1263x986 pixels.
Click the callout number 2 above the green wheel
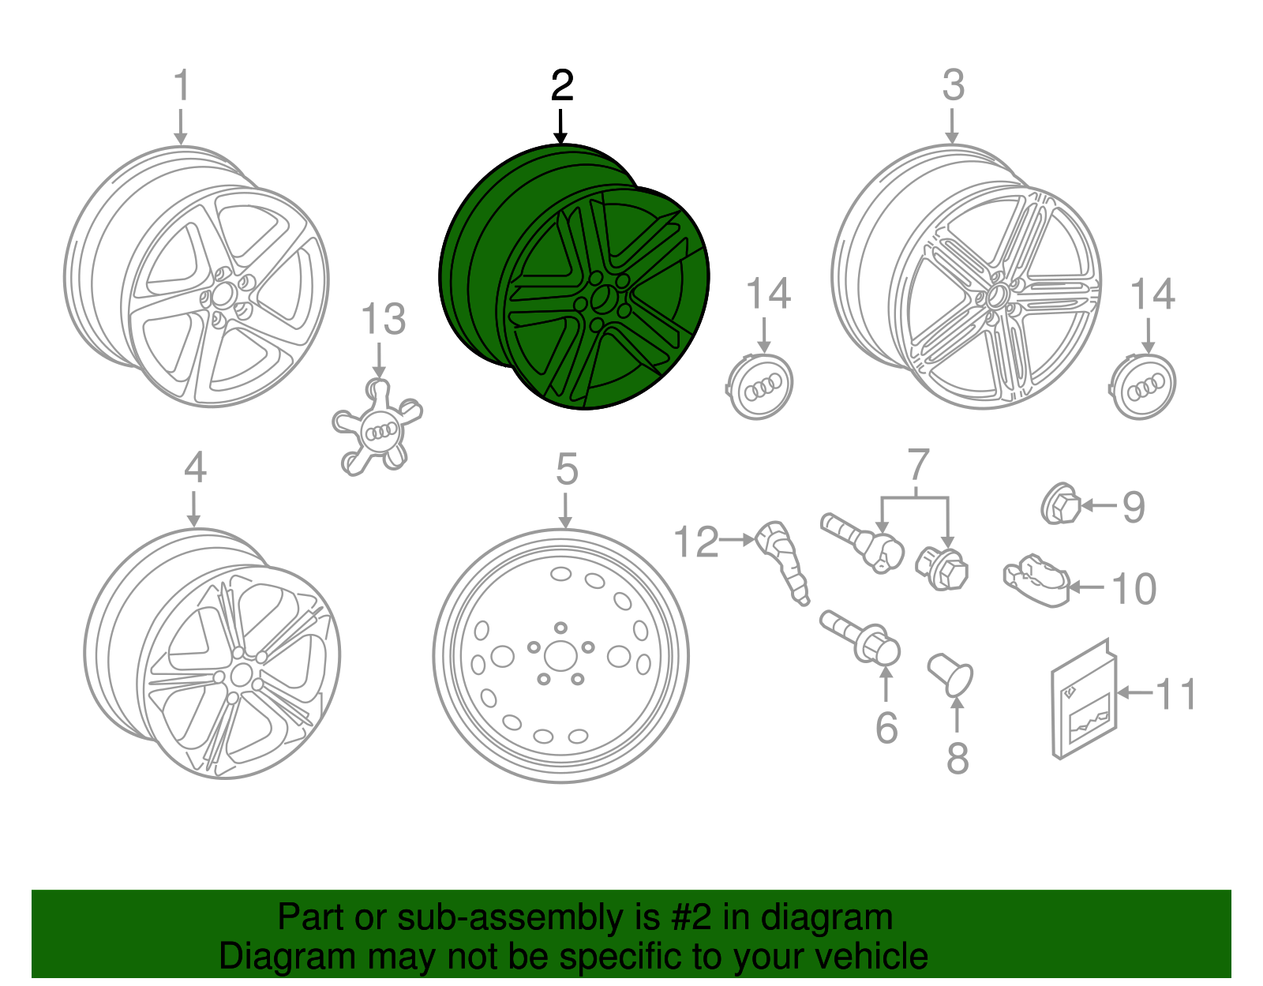pos(561,85)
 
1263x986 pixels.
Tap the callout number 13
pos(383,320)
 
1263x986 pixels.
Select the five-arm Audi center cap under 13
pos(377,429)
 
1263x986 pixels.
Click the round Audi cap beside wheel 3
pos(1145,387)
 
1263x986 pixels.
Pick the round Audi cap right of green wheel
pos(759,386)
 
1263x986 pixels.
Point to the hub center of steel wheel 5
pos(560,656)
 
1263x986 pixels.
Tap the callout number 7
pos(917,465)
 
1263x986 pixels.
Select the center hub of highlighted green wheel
pos(604,300)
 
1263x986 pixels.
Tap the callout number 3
pos(953,84)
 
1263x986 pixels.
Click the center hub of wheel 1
pos(224,295)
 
